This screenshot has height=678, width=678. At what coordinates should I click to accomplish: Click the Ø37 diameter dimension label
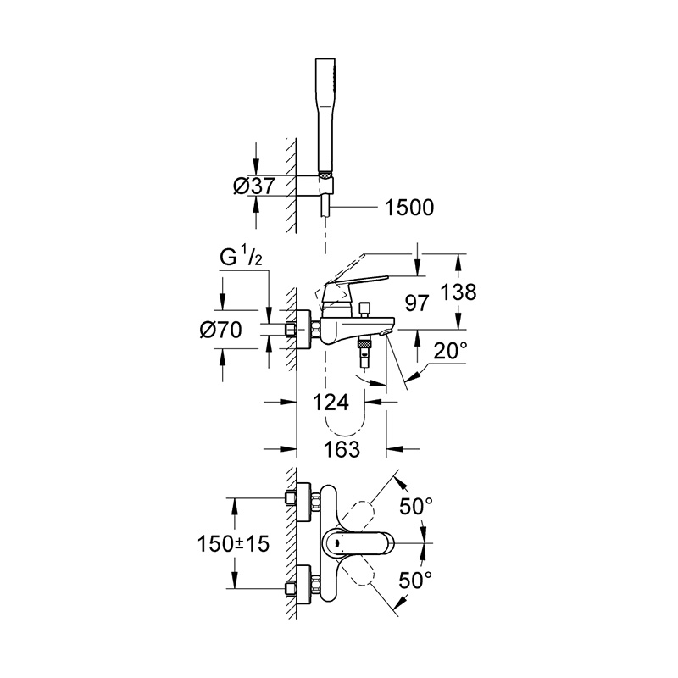[253, 186]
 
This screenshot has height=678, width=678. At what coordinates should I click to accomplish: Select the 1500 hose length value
[409, 208]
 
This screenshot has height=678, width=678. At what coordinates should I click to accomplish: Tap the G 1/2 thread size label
[241, 258]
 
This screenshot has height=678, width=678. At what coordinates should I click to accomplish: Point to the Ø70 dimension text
[220, 331]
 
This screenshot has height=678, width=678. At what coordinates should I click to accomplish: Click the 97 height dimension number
[417, 303]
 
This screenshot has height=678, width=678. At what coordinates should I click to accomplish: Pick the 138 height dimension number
[458, 292]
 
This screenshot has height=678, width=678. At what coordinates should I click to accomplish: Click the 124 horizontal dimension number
[331, 403]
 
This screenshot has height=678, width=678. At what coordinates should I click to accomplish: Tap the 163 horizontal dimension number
[342, 449]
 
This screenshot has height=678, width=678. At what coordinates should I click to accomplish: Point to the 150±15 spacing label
[233, 543]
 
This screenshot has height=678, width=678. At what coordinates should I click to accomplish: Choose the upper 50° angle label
[415, 506]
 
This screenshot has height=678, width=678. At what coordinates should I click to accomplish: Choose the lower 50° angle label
[415, 581]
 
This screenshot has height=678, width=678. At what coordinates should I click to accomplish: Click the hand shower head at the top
[325, 114]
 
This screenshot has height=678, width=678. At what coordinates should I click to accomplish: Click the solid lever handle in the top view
[358, 542]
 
